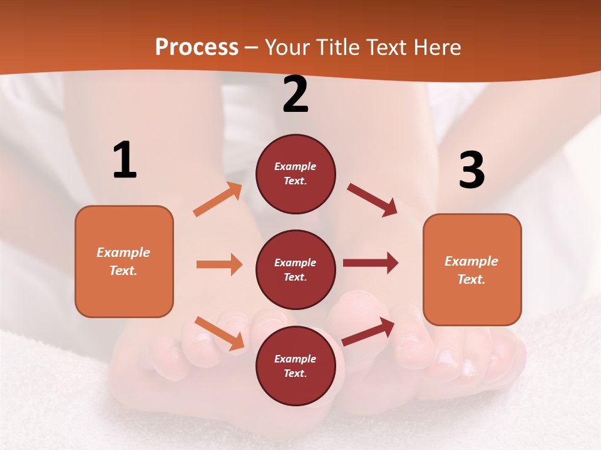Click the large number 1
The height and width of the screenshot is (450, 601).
tap(125, 161)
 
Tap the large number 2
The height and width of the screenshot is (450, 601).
tap(295, 95)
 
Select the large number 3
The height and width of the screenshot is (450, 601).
tap(471, 170)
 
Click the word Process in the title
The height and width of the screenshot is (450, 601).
tap(197, 47)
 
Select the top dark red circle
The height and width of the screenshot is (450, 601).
tap(295, 174)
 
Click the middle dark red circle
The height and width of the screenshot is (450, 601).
tap(295, 269)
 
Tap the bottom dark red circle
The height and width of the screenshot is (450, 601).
tap(295, 366)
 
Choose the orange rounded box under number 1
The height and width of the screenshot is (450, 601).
tap(124, 261)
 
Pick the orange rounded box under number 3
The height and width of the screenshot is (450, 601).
tap(472, 269)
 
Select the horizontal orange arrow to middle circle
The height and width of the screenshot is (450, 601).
tap(219, 264)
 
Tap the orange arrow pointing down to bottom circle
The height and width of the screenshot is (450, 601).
tap(219, 333)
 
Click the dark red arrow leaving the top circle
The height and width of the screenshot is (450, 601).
tap(372, 200)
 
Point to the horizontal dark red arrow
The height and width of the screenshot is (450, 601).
tap(371, 263)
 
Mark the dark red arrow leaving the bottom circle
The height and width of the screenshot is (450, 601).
tap(368, 332)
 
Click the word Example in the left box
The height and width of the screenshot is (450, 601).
tap(123, 252)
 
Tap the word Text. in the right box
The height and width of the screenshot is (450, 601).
tap(471, 279)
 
